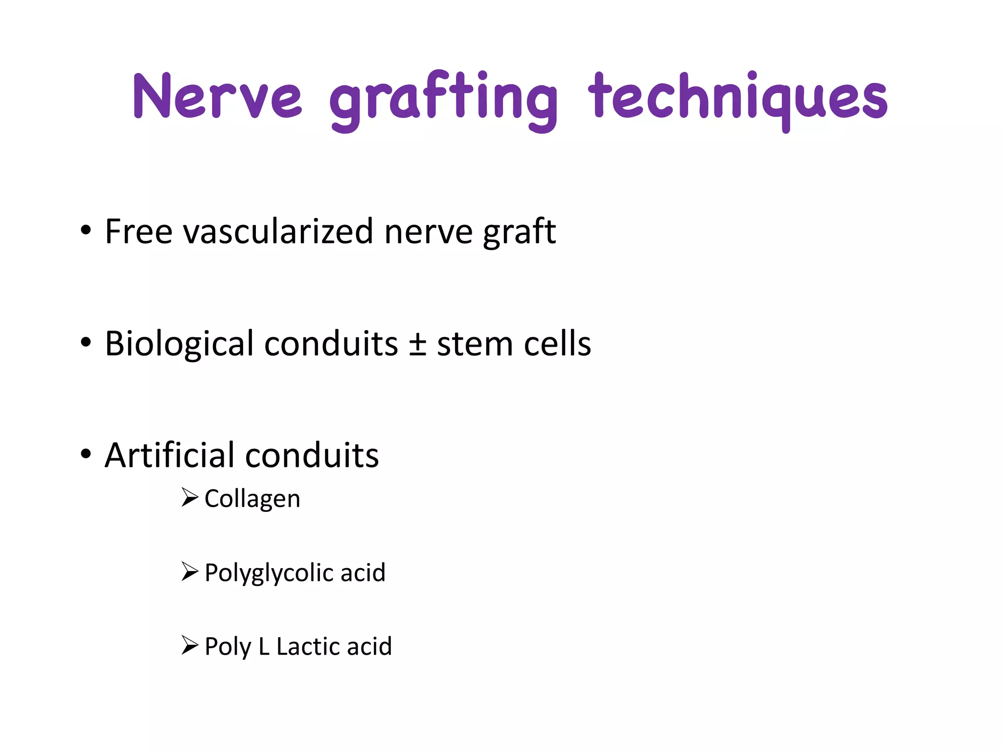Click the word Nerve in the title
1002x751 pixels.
pyautogui.click(x=218, y=96)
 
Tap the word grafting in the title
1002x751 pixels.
pyautogui.click(x=443, y=100)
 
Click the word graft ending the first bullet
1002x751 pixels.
pyautogui.click(x=519, y=232)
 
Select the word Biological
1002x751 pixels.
pyautogui.click(x=179, y=343)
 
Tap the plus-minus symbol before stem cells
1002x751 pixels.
pyautogui.click(x=417, y=344)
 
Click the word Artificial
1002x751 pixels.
pyautogui.click(x=169, y=455)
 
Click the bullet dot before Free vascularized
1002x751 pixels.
pyautogui.click(x=86, y=230)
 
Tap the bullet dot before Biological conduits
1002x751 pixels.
pyautogui.click(x=86, y=343)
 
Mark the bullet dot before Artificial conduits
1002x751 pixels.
pyautogui.click(x=86, y=454)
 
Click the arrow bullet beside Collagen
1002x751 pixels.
pyautogui.click(x=189, y=497)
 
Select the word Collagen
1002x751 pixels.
pyautogui.click(x=252, y=499)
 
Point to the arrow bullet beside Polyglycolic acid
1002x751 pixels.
pyautogui.click(x=189, y=571)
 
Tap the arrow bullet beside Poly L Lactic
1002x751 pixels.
pyautogui.click(x=189, y=645)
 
